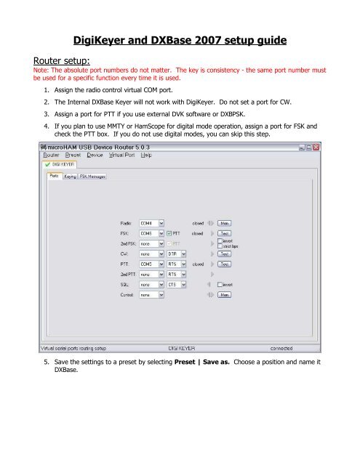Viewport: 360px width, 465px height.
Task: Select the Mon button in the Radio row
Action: pyautogui.click(x=225, y=224)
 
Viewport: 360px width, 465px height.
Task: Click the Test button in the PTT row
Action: pyautogui.click(x=225, y=265)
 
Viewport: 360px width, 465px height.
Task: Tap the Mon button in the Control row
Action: pyautogui.click(x=225, y=296)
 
